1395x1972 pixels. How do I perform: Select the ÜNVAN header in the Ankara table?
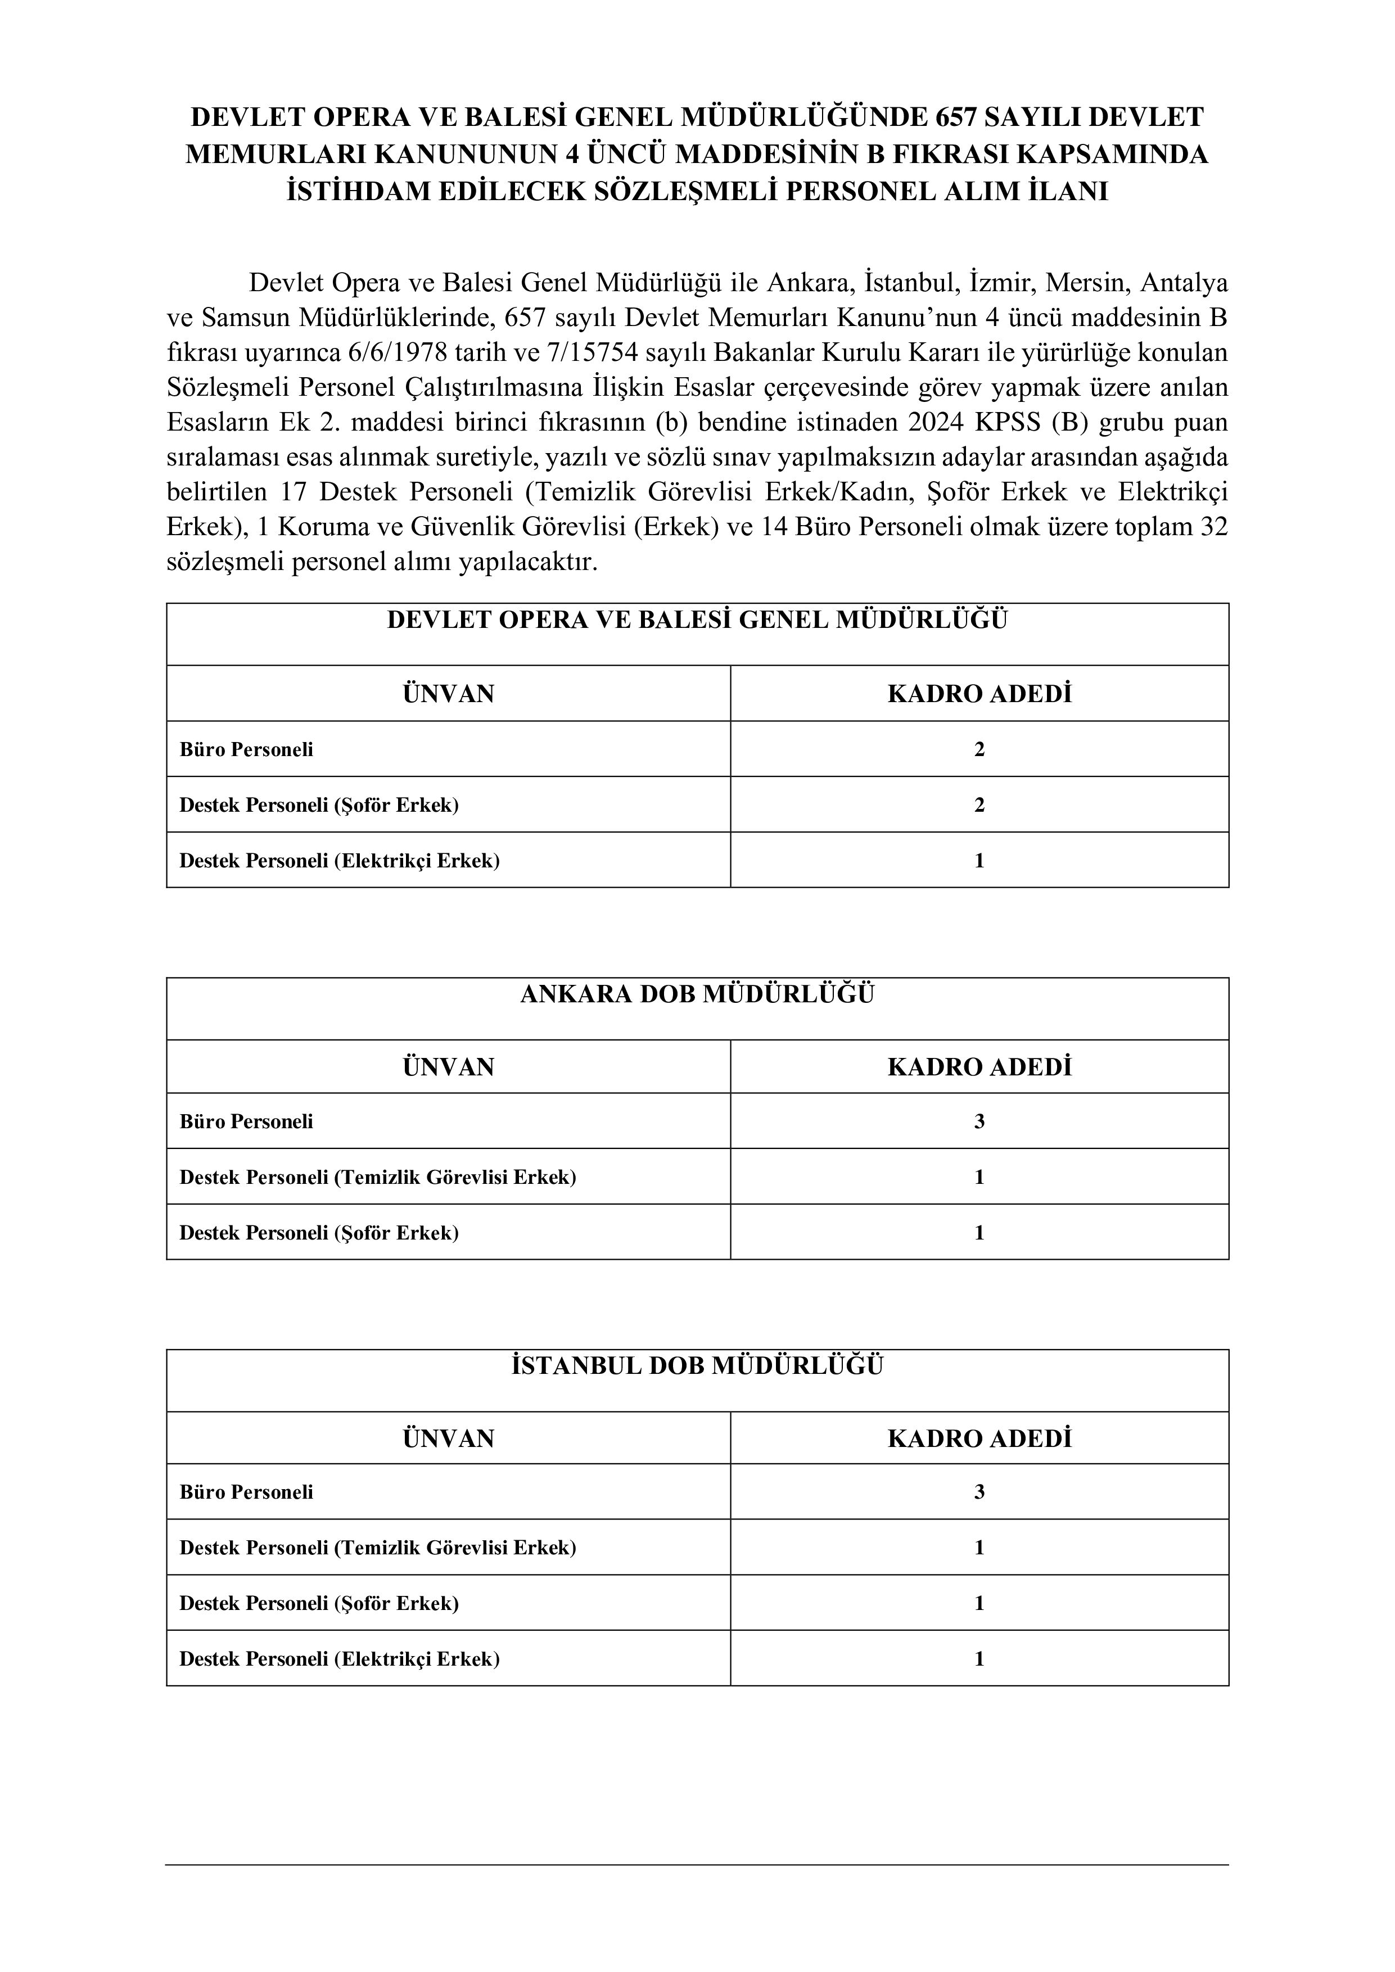click(448, 1067)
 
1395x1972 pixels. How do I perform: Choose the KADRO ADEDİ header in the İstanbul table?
click(979, 1439)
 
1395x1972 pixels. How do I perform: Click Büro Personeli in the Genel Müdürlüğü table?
click(246, 750)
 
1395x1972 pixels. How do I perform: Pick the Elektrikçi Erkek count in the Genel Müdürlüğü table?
click(979, 861)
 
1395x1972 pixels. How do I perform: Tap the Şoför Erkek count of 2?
click(979, 805)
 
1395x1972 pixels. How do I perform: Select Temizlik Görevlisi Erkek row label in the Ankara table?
click(378, 1177)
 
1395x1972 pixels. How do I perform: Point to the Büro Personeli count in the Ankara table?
click(979, 1121)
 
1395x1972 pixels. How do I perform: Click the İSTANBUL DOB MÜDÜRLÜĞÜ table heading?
click(697, 1367)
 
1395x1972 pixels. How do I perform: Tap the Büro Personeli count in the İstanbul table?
click(979, 1492)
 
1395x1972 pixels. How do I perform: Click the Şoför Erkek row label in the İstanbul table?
click(319, 1604)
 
